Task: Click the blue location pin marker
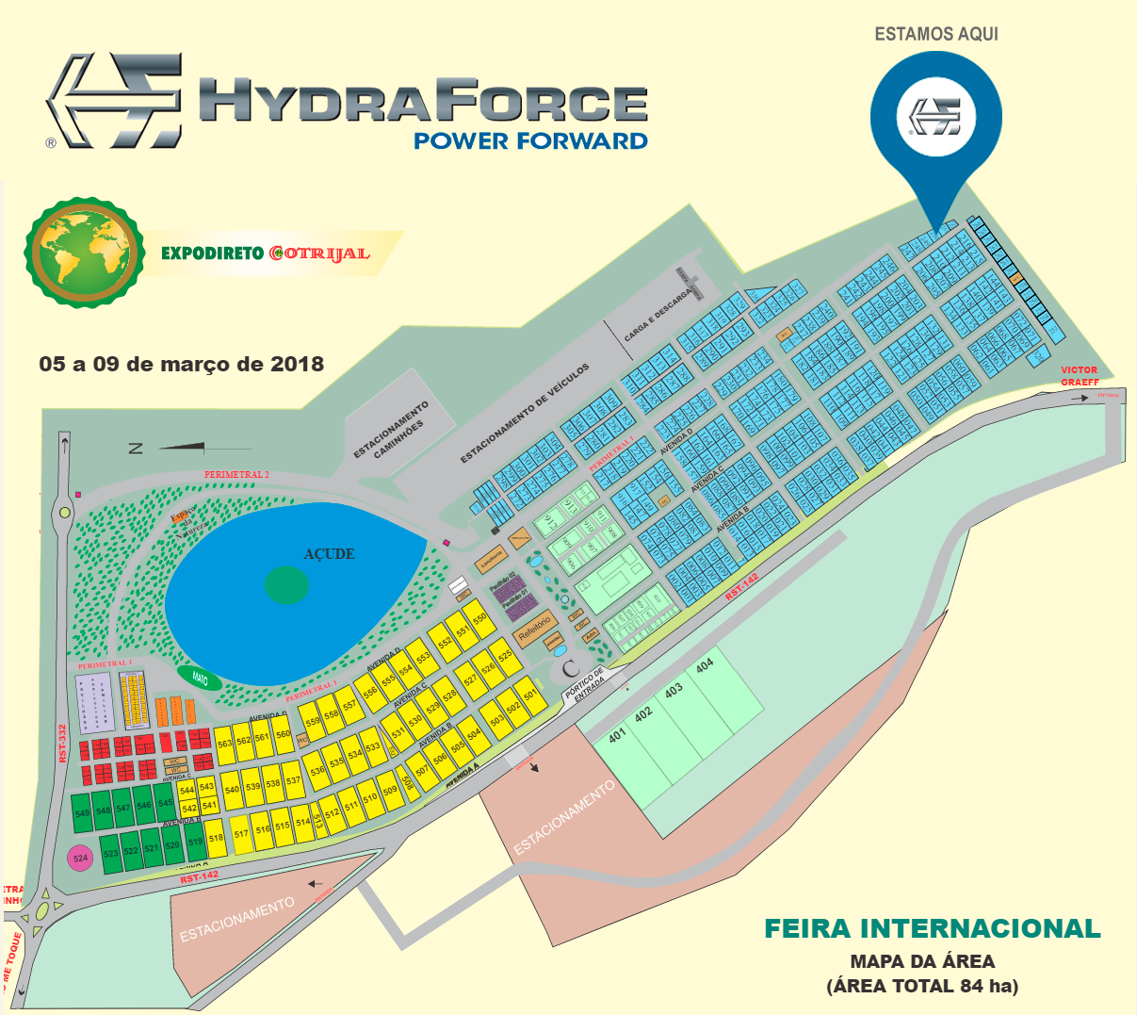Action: click(935, 118)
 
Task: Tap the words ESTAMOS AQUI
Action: click(935, 34)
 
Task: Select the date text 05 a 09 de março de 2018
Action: click(181, 364)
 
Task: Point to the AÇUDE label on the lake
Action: click(329, 554)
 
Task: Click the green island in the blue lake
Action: click(286, 585)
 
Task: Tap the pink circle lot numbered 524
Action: click(80, 859)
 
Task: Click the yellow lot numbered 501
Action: click(530, 696)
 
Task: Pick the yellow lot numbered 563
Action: click(224, 743)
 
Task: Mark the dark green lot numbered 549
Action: click(82, 812)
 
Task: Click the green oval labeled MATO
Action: click(200, 678)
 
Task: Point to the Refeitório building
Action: click(534, 630)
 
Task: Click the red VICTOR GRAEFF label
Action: click(1080, 376)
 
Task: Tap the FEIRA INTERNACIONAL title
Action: click(932, 928)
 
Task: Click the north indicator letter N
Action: click(136, 449)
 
